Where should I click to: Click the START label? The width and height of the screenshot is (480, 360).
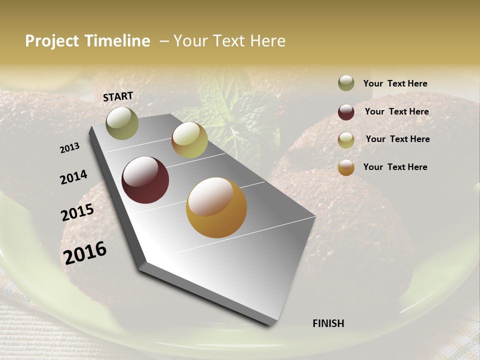pos(118,96)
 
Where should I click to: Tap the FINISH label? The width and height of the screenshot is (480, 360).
pos(328,323)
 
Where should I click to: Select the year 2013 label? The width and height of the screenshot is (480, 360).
pos(70,148)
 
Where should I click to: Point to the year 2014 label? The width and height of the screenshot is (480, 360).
pos(73,177)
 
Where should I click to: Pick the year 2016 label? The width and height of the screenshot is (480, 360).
pos(85,252)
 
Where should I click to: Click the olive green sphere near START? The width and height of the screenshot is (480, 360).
pos(122,123)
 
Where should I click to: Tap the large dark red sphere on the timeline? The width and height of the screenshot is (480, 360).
pos(145,180)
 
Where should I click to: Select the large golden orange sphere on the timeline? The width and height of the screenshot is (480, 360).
pos(216,207)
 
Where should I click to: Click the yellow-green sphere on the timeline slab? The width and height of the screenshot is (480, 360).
pos(189,140)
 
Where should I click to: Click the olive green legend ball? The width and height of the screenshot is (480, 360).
pos(346,83)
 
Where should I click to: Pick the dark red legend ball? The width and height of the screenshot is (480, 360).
pos(346,112)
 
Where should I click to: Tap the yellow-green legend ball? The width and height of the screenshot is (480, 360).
pos(346,140)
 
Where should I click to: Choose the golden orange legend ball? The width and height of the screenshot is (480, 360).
pos(346,167)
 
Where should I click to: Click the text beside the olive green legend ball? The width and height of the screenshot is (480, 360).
pos(395,83)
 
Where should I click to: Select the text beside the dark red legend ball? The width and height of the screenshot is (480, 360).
pos(396,111)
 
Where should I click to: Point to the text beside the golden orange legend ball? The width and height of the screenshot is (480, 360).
pos(395,167)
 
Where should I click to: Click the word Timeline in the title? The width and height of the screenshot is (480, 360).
pos(116,41)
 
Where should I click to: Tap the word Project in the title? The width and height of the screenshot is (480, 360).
pos(51,41)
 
